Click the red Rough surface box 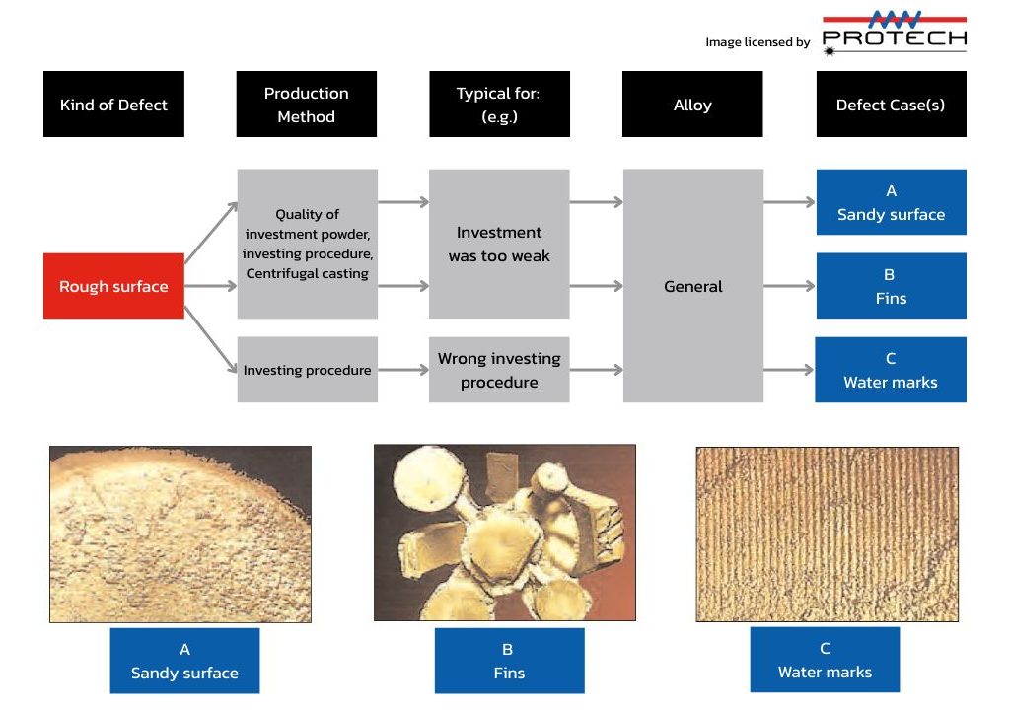(x=113, y=285)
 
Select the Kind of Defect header (x=113, y=104)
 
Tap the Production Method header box (x=306, y=104)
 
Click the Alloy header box (x=692, y=104)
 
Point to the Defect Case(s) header (x=891, y=104)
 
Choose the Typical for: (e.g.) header (x=499, y=104)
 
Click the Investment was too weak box (x=499, y=244)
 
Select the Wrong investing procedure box (x=499, y=369)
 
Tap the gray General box (x=693, y=285)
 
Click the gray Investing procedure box (x=308, y=369)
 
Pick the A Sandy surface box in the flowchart (x=891, y=202)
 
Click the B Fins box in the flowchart (x=891, y=285)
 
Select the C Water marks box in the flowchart (x=891, y=369)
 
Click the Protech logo (x=894, y=34)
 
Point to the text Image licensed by (x=757, y=42)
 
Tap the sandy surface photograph (x=180, y=533)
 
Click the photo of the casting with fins (x=505, y=532)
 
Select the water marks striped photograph (x=828, y=534)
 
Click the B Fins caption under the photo (x=510, y=661)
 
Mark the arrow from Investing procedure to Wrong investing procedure (x=403, y=370)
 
